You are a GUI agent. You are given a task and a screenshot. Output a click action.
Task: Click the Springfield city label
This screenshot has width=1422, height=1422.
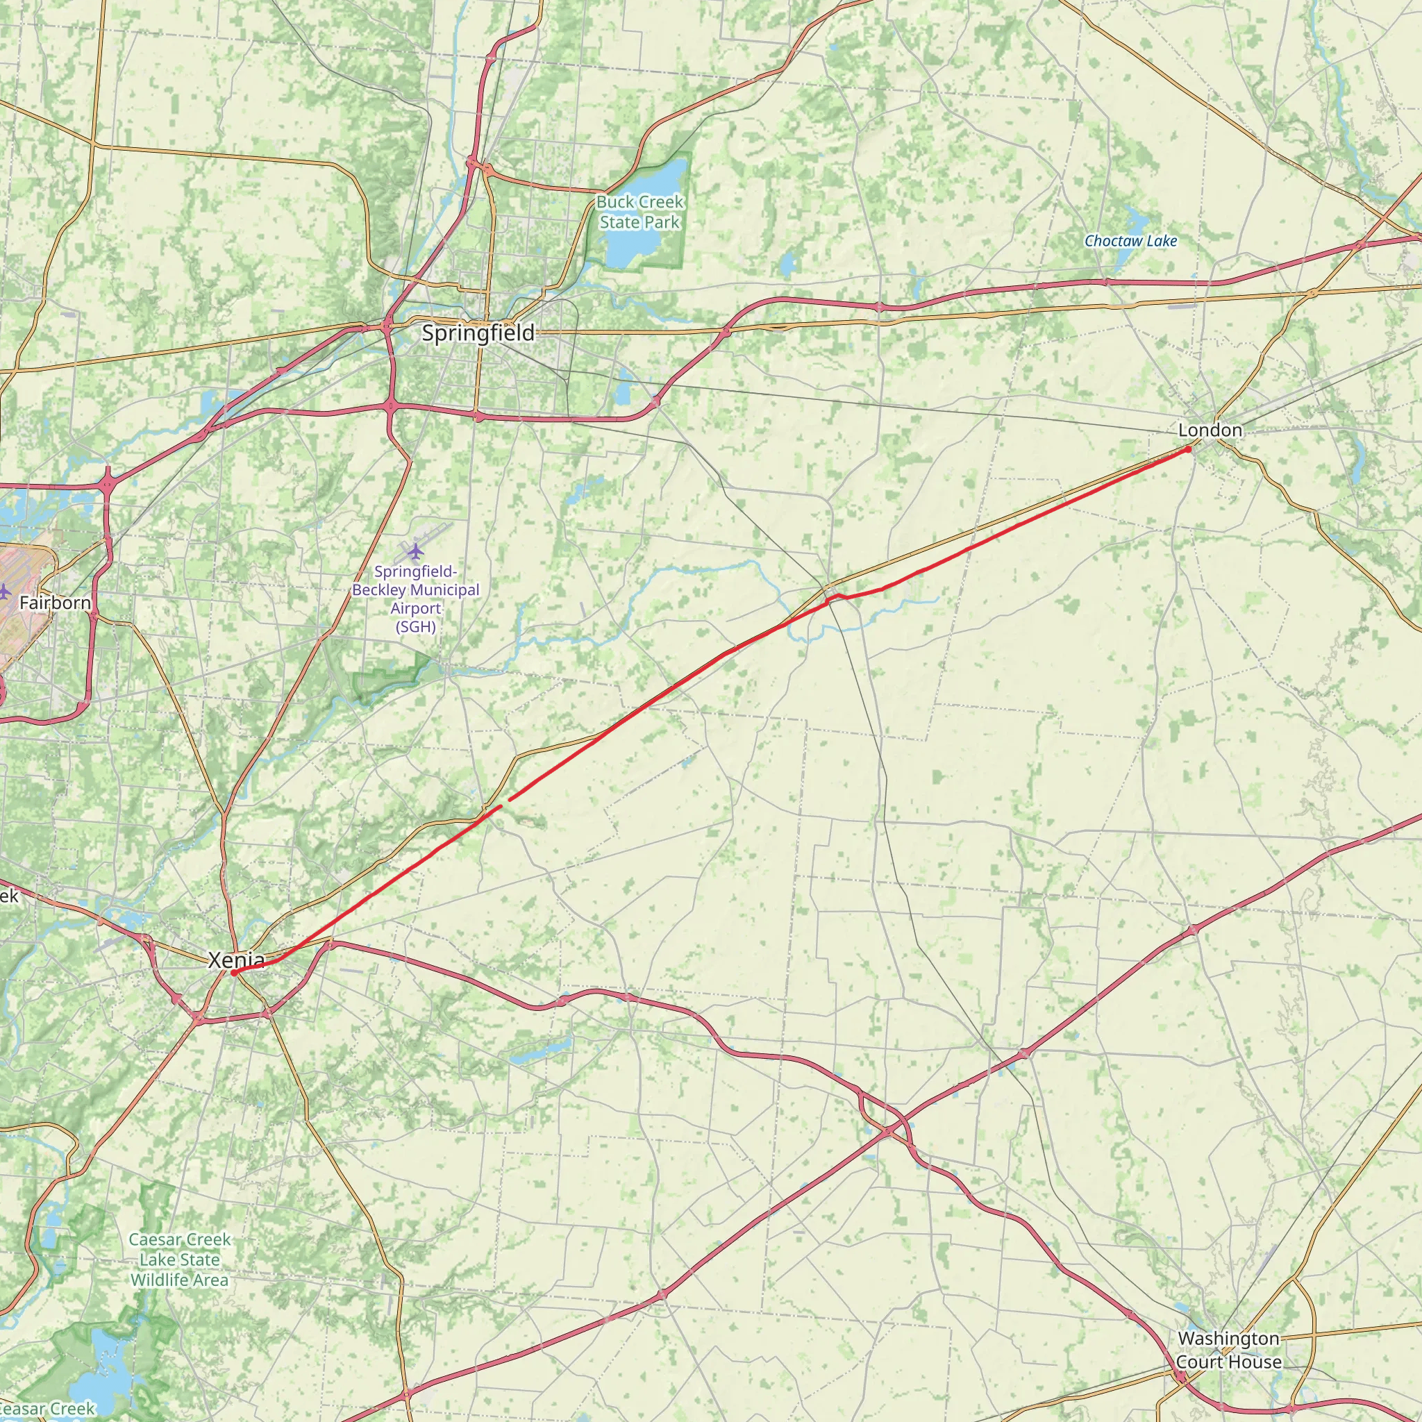pos(478,333)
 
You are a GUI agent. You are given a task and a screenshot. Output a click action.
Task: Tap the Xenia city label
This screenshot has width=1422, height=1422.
pos(236,960)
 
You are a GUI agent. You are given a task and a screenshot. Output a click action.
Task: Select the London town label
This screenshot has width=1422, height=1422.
pos(1210,430)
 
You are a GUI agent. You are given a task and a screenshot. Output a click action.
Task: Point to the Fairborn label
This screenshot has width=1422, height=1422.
pos(56,603)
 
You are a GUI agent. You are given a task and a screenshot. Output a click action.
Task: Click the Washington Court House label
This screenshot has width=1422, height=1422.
pos(1228,1350)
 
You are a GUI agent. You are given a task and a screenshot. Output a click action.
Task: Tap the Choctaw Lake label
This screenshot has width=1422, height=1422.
pos(1130,241)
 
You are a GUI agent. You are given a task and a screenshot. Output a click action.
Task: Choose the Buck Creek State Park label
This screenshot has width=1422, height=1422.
pos(639,212)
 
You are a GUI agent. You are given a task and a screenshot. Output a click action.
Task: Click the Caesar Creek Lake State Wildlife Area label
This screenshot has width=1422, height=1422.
pos(180,1260)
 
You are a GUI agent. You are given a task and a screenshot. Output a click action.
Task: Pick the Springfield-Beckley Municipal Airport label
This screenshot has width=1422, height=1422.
pos(416,599)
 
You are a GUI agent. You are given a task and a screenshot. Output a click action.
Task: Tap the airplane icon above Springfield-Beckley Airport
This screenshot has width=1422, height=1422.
pos(416,550)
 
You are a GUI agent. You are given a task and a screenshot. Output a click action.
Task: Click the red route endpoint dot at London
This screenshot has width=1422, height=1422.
pos(1188,449)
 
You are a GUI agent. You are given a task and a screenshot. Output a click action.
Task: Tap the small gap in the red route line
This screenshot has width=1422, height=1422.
pos(505,802)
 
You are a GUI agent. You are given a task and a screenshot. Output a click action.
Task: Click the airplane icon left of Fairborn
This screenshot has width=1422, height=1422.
pos(4,590)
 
